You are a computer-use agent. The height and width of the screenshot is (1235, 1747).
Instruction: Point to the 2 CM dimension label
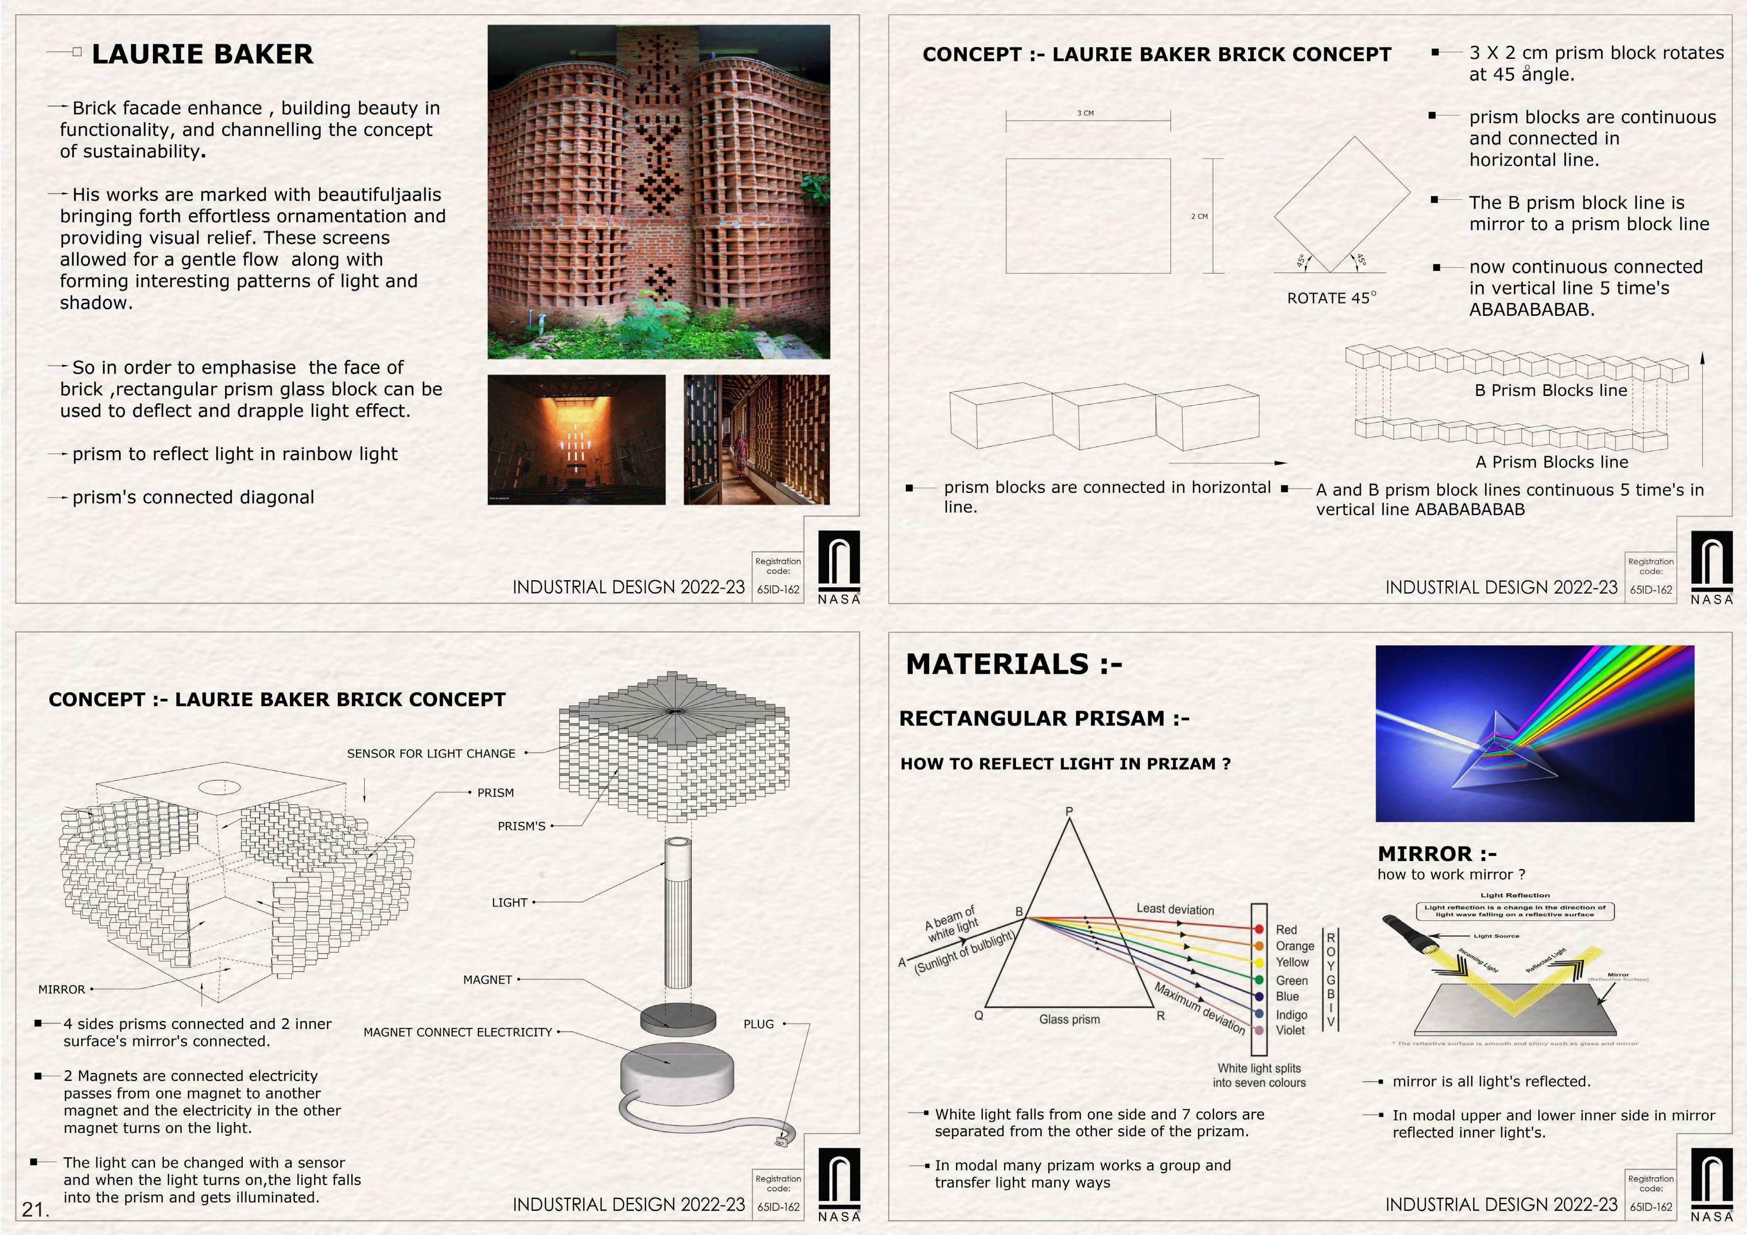tap(1199, 217)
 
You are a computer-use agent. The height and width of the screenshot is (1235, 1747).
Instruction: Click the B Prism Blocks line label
tap(1551, 391)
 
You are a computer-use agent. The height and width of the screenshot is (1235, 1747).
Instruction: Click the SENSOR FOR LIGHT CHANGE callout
tap(431, 754)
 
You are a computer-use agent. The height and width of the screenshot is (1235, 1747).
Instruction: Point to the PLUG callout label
tap(758, 1025)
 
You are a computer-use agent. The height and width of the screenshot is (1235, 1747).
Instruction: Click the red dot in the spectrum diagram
tap(1259, 929)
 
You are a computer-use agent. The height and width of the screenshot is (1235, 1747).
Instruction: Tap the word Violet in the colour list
tap(1290, 1030)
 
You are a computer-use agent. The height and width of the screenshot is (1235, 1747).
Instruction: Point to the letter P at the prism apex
tap(1069, 811)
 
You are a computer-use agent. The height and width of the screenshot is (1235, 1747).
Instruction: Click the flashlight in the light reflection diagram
tap(1404, 933)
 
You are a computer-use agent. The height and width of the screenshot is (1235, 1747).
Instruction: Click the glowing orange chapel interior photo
tap(576, 439)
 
